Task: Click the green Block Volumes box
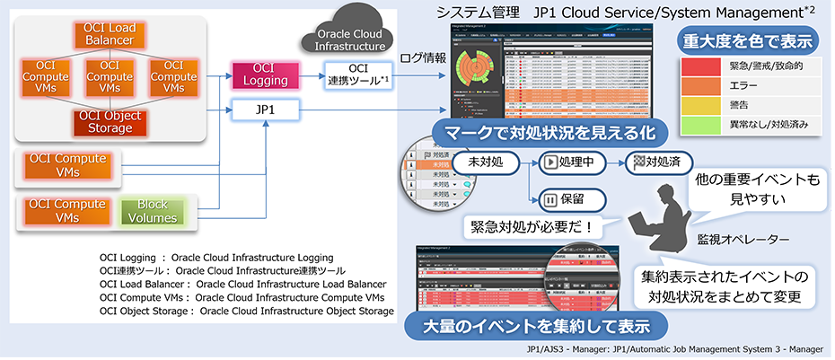[158, 212]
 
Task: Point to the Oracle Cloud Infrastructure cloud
[351, 33]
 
